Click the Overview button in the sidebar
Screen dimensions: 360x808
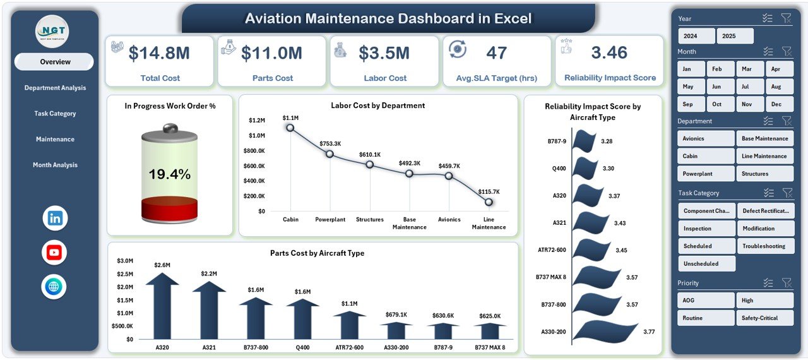[54, 62]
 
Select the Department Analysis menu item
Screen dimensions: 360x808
[55, 88]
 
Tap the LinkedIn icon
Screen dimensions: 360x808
[55, 219]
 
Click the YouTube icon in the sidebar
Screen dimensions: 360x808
[54, 253]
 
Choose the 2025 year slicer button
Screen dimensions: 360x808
[735, 36]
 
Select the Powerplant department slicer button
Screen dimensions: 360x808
[706, 174]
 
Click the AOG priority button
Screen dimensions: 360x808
[706, 301]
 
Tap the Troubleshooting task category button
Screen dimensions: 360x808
[765, 246]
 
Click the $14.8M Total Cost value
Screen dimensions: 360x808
[158, 54]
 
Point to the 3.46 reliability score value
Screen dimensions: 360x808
[609, 53]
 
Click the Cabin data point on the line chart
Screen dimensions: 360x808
[290, 128]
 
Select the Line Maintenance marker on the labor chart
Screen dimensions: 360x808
[489, 202]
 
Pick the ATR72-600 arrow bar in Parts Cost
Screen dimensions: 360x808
[349, 325]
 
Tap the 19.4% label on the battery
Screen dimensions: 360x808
[169, 175]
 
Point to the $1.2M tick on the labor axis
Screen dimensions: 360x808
[256, 120]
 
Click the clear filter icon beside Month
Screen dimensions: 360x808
[786, 51]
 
